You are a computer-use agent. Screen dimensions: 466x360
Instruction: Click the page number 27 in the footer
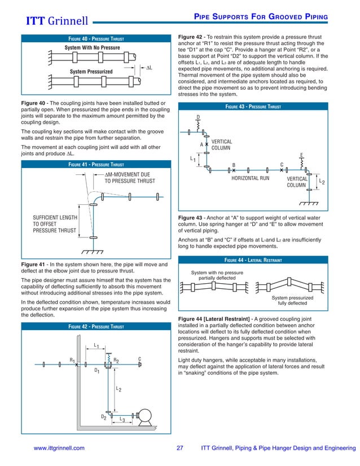[180, 448]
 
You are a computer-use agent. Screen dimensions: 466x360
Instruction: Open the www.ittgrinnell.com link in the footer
[59, 448]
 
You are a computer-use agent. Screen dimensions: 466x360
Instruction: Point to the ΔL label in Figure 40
[150, 68]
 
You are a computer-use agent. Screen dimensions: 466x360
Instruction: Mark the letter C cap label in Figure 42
[139, 359]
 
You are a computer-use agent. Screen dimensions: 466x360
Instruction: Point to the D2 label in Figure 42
[104, 416]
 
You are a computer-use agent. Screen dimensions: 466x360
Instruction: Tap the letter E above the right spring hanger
[302, 154]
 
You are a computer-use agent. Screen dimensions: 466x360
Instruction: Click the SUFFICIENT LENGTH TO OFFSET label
[54, 224]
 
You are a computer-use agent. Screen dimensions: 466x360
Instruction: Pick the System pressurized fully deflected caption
[293, 300]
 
